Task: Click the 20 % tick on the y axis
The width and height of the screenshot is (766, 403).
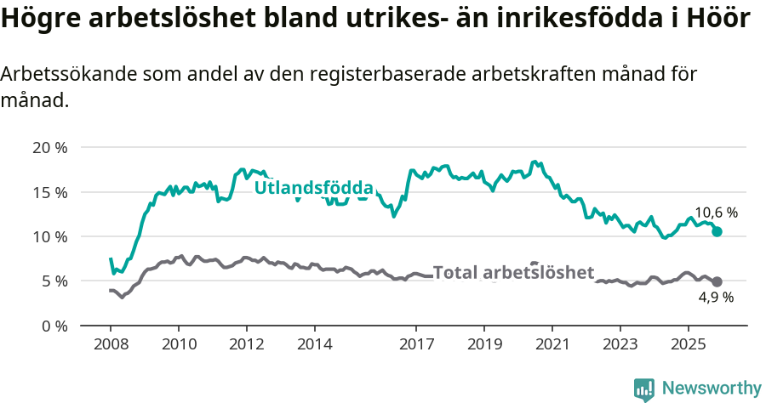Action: pos(50,147)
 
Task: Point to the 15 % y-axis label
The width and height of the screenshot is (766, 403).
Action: pos(50,192)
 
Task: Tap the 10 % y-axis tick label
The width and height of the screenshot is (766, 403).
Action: pos(50,236)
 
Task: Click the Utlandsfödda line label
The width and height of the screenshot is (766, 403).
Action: pos(314,187)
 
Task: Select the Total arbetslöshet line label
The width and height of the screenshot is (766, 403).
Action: pos(513,273)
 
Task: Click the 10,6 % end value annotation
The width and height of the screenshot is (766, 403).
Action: pos(716,213)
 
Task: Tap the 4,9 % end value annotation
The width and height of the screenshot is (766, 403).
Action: pos(716,298)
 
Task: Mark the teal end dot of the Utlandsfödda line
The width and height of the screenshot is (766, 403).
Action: pos(717,231)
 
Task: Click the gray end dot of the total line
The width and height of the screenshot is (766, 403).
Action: pos(717,281)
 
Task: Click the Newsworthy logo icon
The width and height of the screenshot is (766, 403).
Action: pos(644,389)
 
